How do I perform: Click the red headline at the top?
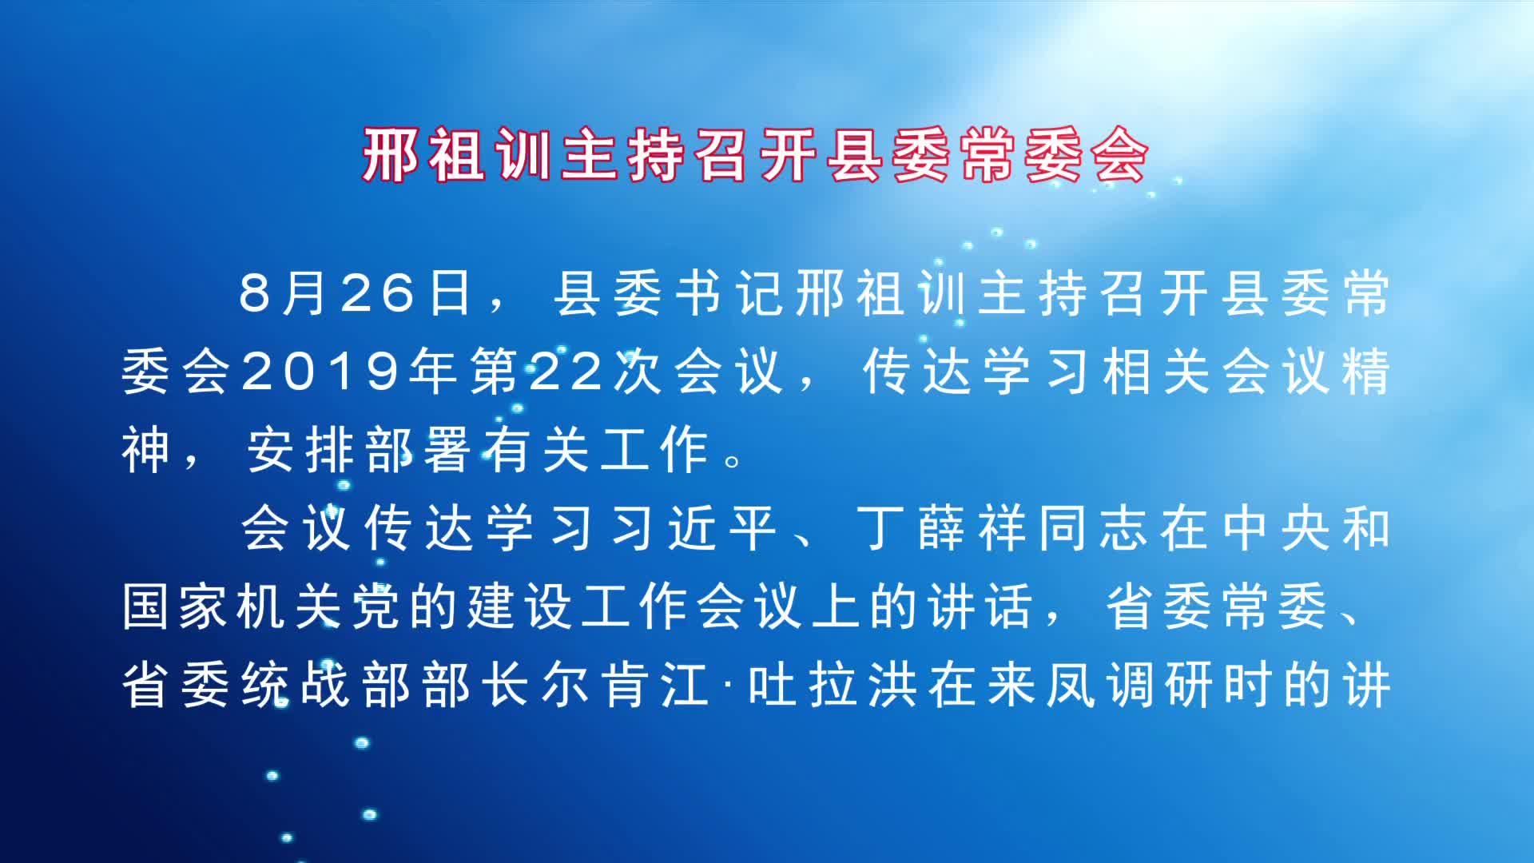pos(755,155)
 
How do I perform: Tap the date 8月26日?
pos(355,293)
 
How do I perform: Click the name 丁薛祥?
pos(942,528)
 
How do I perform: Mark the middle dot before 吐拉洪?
pos(729,686)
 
